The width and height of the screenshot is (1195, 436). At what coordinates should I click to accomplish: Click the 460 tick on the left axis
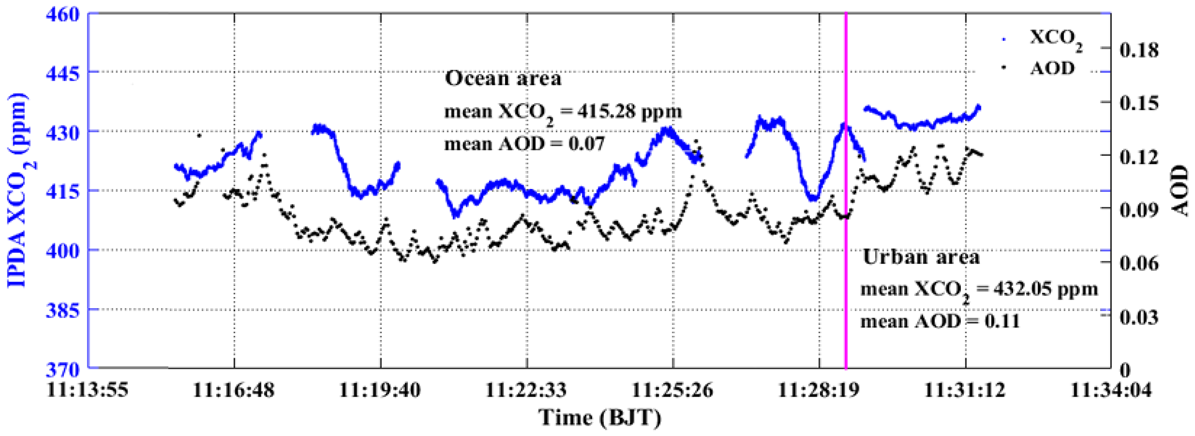click(x=63, y=13)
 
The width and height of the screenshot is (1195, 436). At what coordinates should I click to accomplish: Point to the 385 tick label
click(x=63, y=309)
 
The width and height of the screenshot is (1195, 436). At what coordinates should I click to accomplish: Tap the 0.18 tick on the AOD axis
click(x=1139, y=50)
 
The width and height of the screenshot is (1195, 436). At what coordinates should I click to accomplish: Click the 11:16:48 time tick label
click(x=234, y=390)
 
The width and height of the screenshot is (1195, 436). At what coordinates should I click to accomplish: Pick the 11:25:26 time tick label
click(x=673, y=390)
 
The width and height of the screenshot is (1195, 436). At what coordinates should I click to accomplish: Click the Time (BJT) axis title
click(x=599, y=417)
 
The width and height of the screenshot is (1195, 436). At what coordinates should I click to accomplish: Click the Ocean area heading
click(x=503, y=78)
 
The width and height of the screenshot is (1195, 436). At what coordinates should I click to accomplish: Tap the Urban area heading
click(x=921, y=257)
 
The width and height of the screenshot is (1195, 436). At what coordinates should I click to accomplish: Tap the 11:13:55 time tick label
click(x=88, y=390)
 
